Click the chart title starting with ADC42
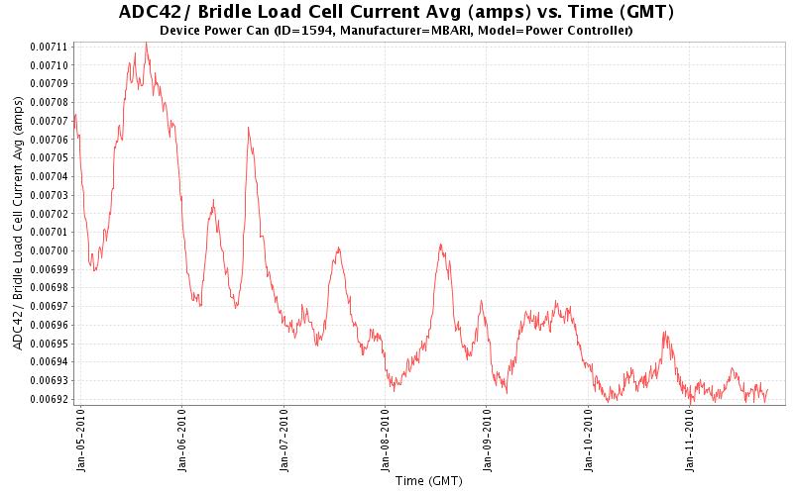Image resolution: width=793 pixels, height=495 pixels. (396, 13)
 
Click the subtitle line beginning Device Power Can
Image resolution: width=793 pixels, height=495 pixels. (396, 31)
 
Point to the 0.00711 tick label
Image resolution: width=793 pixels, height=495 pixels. (49, 47)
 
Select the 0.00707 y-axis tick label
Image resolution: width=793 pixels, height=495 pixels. (49, 121)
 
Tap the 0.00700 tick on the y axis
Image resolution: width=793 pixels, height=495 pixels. (49, 250)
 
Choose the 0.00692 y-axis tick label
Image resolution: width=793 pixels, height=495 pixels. (49, 399)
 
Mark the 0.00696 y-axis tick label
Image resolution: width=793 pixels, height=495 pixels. (49, 325)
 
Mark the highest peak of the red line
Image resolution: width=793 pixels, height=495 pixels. (146, 43)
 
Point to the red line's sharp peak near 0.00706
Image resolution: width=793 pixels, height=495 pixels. (248, 128)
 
